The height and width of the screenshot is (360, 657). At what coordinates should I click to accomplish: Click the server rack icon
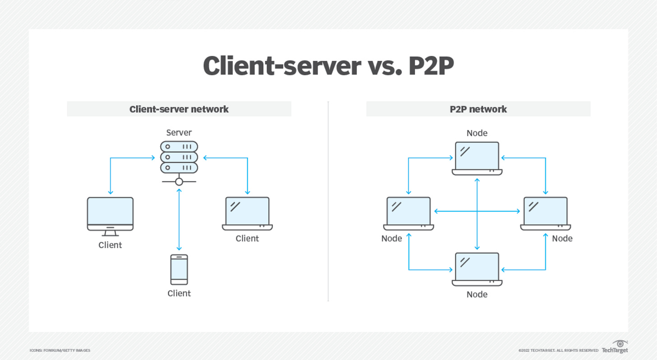click(x=179, y=163)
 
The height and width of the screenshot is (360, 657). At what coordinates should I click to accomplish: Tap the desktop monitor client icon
click(x=110, y=217)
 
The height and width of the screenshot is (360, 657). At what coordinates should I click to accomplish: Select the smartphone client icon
click(x=179, y=269)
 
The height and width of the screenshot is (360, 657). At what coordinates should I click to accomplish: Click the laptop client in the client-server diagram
click(x=247, y=213)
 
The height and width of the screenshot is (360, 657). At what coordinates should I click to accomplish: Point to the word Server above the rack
click(x=179, y=133)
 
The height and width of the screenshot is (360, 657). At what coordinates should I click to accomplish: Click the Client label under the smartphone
click(x=179, y=293)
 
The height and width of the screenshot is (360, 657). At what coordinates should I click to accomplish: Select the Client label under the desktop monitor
click(x=110, y=245)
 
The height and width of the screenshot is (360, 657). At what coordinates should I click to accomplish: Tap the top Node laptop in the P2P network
click(x=477, y=158)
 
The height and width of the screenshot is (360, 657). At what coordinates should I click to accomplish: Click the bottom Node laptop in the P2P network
click(x=477, y=269)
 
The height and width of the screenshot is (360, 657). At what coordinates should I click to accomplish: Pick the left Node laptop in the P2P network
click(x=408, y=213)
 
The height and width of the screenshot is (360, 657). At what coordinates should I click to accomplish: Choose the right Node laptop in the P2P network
click(x=546, y=213)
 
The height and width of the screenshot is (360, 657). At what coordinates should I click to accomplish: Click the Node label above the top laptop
click(x=477, y=133)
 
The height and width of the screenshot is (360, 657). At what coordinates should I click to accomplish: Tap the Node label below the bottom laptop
click(x=477, y=294)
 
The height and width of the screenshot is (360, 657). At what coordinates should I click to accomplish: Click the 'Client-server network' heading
click(x=179, y=109)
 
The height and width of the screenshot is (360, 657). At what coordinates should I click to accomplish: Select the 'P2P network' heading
click(x=478, y=109)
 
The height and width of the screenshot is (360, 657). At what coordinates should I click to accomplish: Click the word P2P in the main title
click(x=431, y=66)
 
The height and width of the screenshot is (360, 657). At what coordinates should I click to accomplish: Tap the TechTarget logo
click(x=615, y=346)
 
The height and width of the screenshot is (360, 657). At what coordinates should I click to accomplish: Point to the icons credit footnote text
click(x=60, y=351)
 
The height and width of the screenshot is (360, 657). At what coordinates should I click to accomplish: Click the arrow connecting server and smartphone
click(x=179, y=220)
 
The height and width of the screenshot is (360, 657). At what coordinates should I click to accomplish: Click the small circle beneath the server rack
click(x=179, y=182)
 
